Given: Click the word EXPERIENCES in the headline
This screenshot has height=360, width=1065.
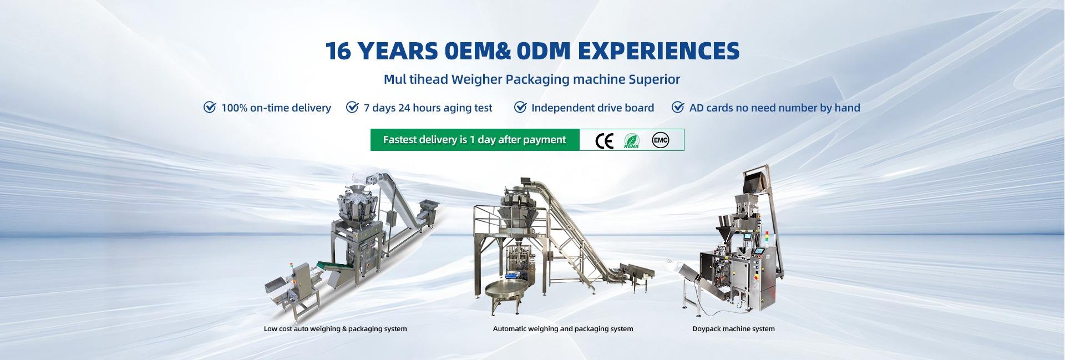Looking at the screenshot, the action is pos(658,50).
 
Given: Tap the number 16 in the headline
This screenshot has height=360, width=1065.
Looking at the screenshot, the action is pos(338,50).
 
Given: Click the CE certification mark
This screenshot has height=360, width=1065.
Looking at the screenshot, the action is pos(604,141).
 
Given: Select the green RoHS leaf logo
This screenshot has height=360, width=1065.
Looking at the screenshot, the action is pos(632,140).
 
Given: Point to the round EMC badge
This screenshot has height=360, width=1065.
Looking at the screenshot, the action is pos(660,140).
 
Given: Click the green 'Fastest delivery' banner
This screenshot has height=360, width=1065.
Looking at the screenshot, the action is pos(475,140).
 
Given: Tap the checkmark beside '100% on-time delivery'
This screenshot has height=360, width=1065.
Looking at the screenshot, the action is pos(210,107).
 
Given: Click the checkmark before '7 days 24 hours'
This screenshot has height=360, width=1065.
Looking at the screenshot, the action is pos(352,107).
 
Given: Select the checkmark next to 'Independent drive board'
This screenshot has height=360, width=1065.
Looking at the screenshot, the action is pos(520,107).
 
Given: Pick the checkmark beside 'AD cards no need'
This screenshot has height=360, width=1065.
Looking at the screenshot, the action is pos(678,107).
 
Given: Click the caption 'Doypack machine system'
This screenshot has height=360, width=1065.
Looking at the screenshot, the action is pos(733,329).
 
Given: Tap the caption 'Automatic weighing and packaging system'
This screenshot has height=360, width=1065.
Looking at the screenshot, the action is pos(563,329).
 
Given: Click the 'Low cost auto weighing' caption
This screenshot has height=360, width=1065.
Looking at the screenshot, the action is pos(336,329).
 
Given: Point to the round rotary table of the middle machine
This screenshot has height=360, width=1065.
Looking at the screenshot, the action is pos(508,289).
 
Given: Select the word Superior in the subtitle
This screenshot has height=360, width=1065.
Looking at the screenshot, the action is pos(655,79).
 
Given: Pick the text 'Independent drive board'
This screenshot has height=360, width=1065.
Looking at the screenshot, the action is pos(592,108).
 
